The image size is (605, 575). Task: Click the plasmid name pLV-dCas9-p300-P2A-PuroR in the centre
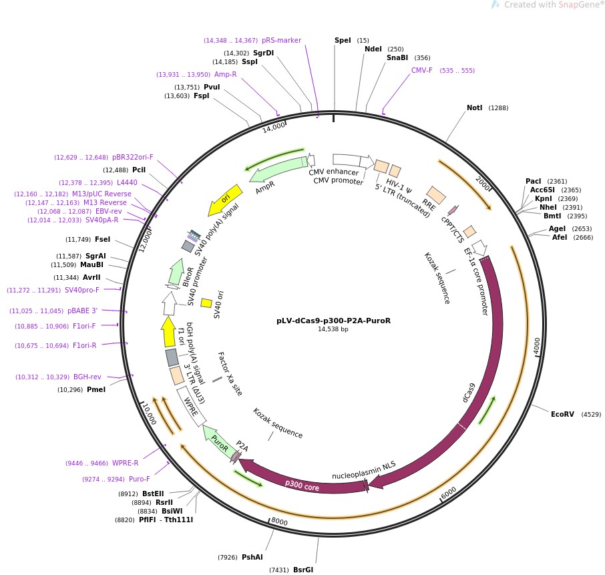(333, 321)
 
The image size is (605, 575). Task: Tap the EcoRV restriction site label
(562, 414)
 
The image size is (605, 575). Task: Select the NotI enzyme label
(474, 108)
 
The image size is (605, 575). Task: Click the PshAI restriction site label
(252, 557)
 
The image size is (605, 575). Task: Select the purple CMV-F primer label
(421, 70)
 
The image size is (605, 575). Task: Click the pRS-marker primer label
(281, 40)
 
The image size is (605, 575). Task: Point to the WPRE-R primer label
(125, 463)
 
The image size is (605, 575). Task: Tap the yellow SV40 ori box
(206, 303)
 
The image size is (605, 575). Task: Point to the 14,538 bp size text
(333, 329)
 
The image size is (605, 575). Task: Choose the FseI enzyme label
(102, 239)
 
